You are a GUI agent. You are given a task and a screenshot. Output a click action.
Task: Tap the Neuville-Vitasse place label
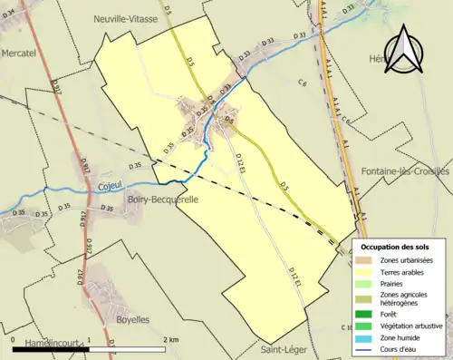[126, 18]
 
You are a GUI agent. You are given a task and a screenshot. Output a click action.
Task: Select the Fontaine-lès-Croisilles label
[405, 171]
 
